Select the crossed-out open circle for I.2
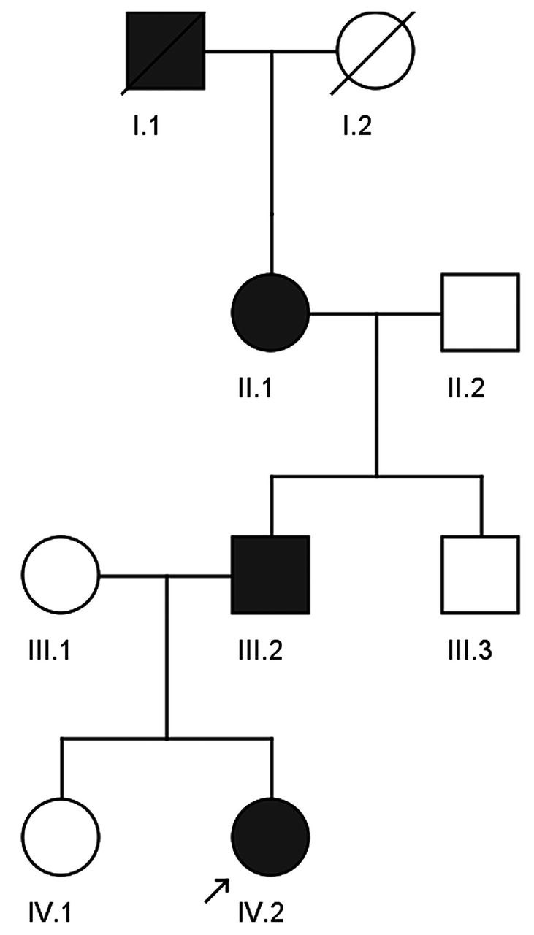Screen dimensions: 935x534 pyautogui.click(x=375, y=51)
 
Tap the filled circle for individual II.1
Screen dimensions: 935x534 pyautogui.click(x=270, y=313)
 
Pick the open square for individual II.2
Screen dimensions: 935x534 pyautogui.click(x=480, y=313)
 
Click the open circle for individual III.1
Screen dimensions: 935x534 pyautogui.click(x=61, y=575)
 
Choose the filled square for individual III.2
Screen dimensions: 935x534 pyautogui.click(x=270, y=575)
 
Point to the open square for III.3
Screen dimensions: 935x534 pyautogui.click(x=480, y=575)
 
